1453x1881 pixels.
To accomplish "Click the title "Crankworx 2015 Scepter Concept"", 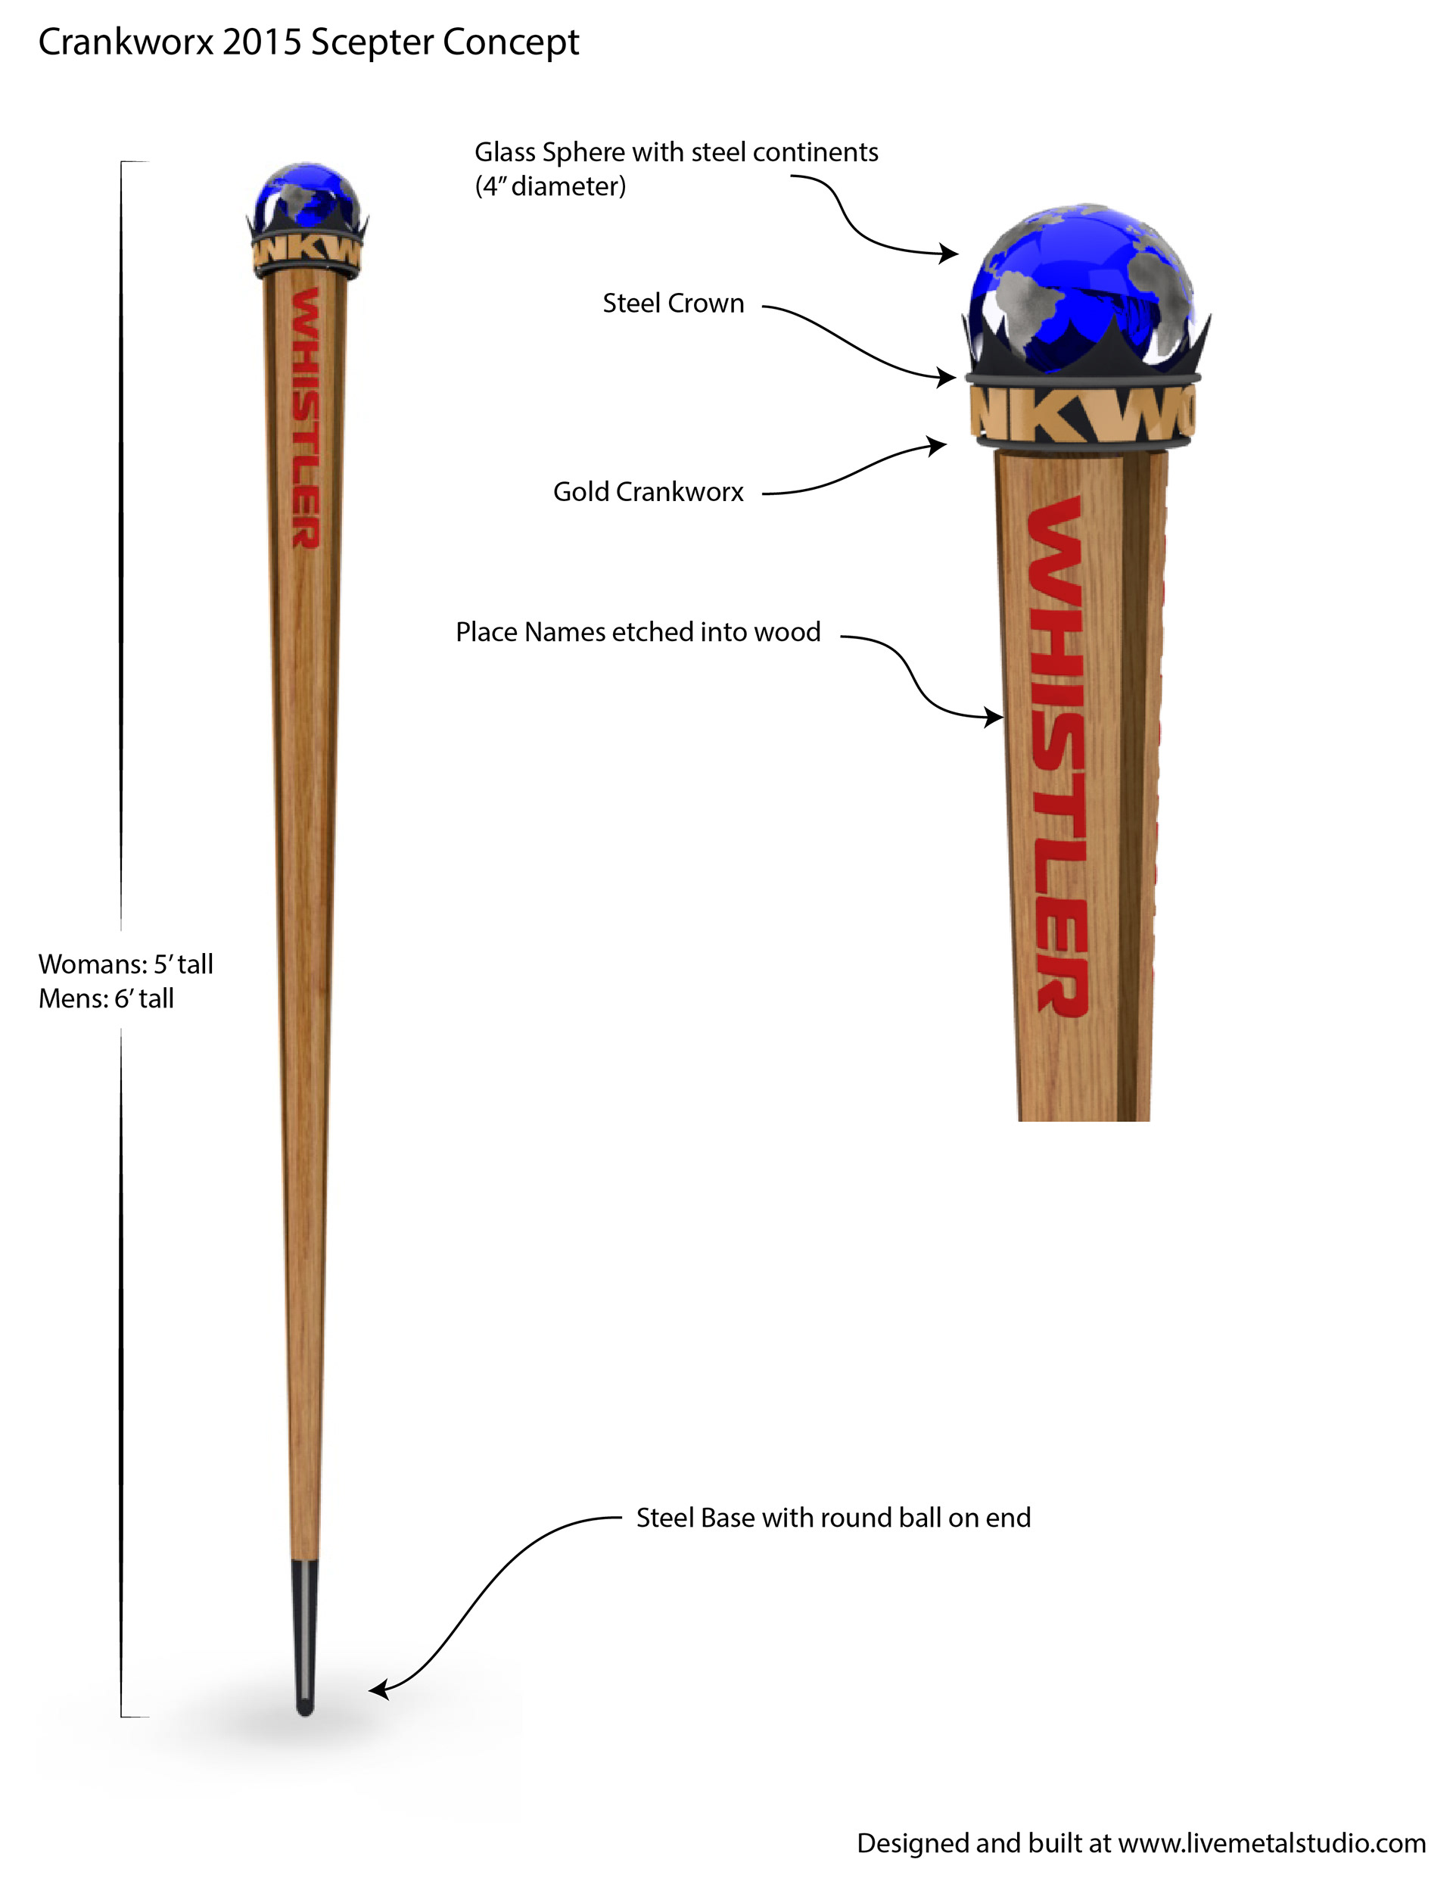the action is point(308,42).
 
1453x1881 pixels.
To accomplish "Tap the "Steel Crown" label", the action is point(673,304).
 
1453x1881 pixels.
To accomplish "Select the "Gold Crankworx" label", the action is point(648,492).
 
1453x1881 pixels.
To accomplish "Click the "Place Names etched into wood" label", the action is point(637,632).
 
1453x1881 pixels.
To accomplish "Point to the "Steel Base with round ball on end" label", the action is point(833,1518).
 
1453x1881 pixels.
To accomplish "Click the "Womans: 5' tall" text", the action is point(126,964).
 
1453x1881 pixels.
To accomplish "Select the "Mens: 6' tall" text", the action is point(106,998).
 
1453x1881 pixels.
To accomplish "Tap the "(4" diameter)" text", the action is point(550,186).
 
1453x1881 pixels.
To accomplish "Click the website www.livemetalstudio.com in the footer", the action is point(1271,1843).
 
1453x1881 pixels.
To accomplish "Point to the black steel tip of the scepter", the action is point(305,1636).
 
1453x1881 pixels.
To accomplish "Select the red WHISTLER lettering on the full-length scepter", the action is point(306,418).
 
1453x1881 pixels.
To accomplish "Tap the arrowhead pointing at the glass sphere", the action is point(949,254).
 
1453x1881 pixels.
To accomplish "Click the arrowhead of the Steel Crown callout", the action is point(947,376).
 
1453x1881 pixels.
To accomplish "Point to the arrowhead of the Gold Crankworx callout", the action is point(937,445).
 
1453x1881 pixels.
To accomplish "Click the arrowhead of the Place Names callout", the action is point(993,716).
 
